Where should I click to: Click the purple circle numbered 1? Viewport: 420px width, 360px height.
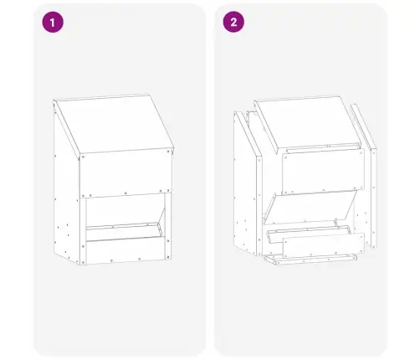[53, 22]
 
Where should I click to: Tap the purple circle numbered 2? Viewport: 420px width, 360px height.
[233, 22]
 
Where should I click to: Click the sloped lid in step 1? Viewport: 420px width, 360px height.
[115, 124]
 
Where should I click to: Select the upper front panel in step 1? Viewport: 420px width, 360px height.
[125, 173]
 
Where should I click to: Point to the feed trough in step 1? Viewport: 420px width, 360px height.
[124, 231]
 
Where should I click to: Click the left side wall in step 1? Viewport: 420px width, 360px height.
[66, 195]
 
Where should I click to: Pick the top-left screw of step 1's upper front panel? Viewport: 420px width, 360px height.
[83, 157]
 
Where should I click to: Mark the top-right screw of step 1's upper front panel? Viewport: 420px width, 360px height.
[168, 152]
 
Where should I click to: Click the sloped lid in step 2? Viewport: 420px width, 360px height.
[308, 124]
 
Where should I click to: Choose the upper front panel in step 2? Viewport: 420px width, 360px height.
[323, 172]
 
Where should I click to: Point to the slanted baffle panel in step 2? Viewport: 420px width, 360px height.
[310, 207]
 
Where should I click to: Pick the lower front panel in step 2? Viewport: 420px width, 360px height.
[324, 245]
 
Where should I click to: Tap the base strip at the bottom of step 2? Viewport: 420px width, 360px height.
[310, 260]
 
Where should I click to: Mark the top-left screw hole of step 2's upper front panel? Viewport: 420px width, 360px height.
[286, 157]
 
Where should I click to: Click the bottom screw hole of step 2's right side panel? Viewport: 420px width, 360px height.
[374, 245]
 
